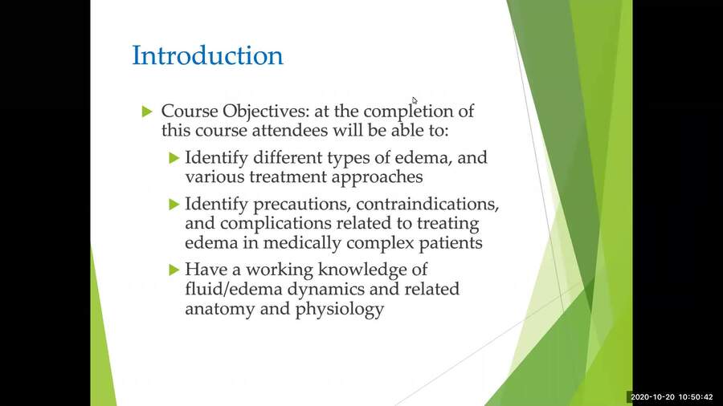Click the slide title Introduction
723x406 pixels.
tap(207, 56)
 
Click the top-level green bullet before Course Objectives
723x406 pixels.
tap(146, 111)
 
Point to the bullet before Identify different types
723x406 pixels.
tap(174, 157)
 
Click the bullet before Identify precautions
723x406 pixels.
tap(174, 204)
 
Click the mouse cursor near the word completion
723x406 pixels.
tap(415, 100)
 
